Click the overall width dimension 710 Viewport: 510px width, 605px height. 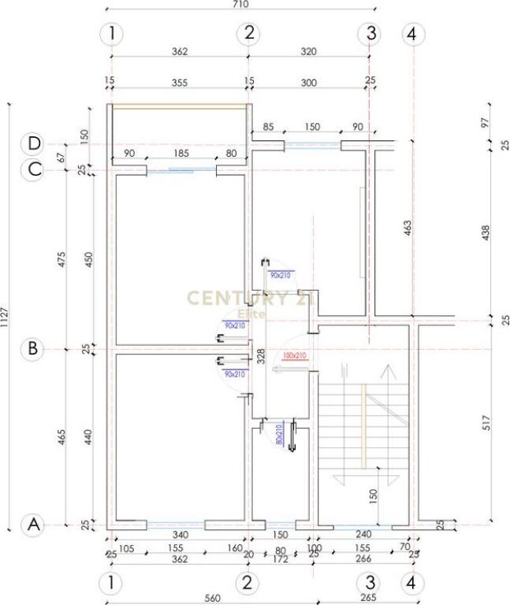coord(240,5)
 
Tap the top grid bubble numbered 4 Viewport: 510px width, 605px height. coord(412,34)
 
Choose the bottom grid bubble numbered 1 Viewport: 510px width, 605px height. coord(113,584)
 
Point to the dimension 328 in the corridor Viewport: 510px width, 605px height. coord(260,356)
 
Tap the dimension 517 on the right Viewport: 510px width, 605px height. coord(486,421)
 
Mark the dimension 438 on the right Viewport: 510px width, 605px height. coord(486,232)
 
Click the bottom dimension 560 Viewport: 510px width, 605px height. coord(211,598)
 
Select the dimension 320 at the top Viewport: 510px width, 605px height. coord(308,52)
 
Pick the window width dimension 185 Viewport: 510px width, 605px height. coord(181,154)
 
